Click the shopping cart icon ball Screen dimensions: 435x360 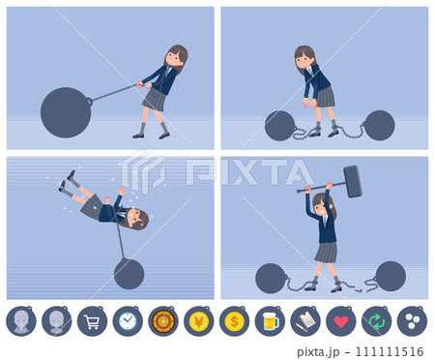(92, 321)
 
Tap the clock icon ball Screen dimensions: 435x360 (128, 321)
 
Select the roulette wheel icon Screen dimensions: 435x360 (163, 321)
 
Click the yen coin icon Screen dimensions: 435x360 (199, 321)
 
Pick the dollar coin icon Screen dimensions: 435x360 (234, 321)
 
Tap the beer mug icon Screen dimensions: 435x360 (271, 321)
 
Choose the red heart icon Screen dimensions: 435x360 (341, 322)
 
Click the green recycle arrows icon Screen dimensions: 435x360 (377, 322)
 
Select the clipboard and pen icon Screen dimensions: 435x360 (305, 322)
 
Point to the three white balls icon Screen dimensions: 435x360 (413, 321)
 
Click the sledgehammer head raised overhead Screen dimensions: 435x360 (353, 181)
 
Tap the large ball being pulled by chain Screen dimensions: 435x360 (66, 112)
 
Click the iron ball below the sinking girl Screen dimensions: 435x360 (129, 274)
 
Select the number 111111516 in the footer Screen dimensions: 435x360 (390, 351)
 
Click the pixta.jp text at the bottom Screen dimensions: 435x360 (318, 351)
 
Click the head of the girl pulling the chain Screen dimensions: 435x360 (176, 57)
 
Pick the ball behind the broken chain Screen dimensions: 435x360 (391, 276)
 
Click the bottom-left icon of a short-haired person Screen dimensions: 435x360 (21, 321)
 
